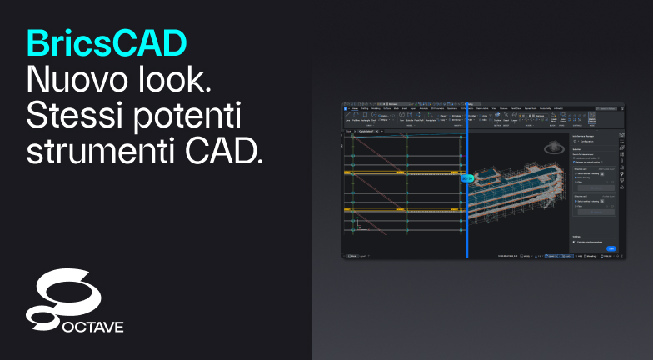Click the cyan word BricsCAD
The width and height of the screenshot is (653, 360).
click(106, 41)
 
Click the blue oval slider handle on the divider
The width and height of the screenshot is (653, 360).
click(467, 177)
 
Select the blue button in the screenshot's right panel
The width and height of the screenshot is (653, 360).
click(611, 247)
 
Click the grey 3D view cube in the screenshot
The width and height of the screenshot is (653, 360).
click(551, 148)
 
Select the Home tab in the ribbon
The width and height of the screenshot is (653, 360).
click(356, 108)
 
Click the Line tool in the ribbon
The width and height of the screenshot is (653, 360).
click(347, 119)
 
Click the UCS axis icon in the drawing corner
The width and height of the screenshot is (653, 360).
click(359, 225)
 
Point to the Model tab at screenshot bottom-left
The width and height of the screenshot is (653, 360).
click(352, 255)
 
